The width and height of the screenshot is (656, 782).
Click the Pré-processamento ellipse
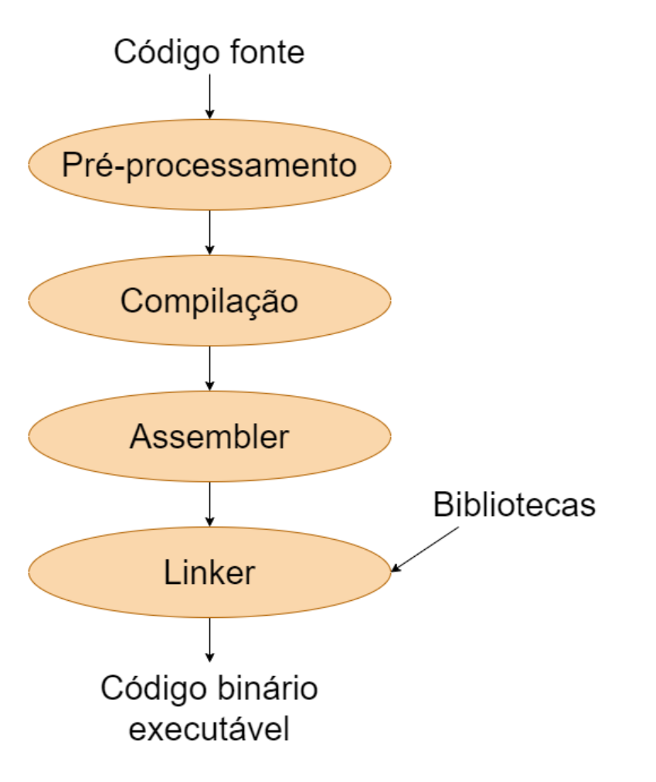pos(209,165)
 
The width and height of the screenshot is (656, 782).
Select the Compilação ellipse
pos(209,301)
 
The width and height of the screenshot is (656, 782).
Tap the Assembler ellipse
pos(209,437)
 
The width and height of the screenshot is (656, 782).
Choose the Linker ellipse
pos(209,572)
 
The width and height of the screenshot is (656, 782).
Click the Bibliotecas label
pos(514,505)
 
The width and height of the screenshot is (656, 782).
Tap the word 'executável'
pos(209,729)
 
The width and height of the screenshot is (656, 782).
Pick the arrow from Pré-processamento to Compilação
pos(209,231)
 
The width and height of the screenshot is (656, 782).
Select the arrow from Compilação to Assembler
pos(209,368)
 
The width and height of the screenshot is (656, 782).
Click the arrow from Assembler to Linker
pos(209,504)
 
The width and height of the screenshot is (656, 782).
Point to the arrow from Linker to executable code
pos(209,640)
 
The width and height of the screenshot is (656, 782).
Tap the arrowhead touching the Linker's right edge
pos(396,569)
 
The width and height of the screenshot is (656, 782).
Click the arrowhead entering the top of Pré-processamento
pos(209,114)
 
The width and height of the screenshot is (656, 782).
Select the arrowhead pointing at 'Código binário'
pos(209,658)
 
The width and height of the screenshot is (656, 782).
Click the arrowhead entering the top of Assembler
pos(209,387)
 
